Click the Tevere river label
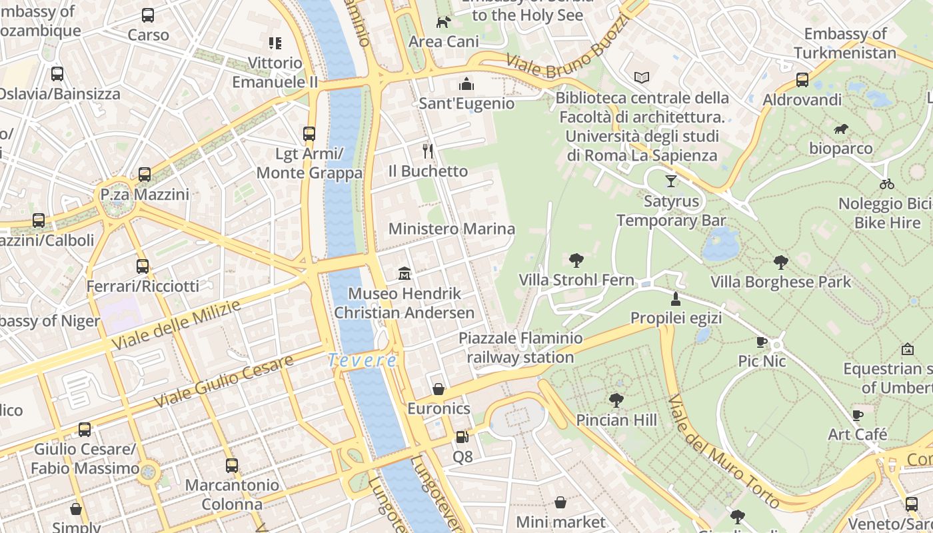pos(363,360)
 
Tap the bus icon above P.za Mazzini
pos(145,175)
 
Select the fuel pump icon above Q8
pos(462,437)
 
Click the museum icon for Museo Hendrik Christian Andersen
pos(404,273)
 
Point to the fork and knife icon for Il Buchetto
pos(428,151)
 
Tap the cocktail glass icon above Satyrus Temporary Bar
pos(671,181)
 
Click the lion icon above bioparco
pos(841,129)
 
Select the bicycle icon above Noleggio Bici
pos(886,183)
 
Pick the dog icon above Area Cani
pos(443,22)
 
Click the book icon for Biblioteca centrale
pos(642,78)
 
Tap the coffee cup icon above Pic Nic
pos(762,342)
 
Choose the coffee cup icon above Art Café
pos(858,415)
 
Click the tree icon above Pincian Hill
pos(616,400)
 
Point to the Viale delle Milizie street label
pos(176,325)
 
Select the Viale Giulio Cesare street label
pos(224,382)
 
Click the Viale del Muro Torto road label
pos(723,450)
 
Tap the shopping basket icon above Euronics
pos(439,389)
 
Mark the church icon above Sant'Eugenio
pos(467,84)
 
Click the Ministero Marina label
pos(451,229)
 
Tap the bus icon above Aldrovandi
pos(802,80)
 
